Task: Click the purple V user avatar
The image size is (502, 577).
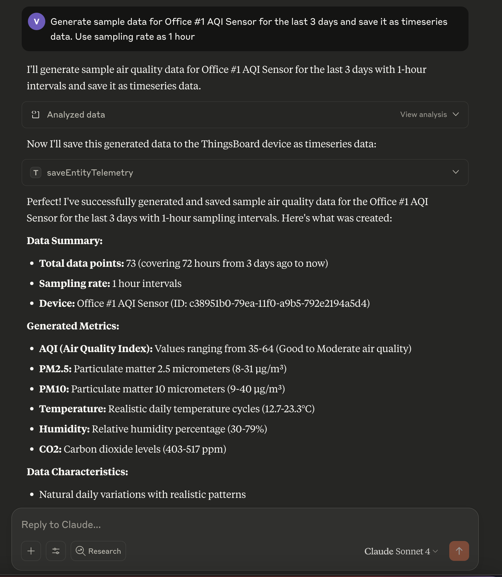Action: [37, 21]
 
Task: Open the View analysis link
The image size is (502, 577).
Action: [424, 114]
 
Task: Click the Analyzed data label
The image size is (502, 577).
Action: [76, 115]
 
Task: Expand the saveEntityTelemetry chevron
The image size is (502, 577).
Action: [455, 172]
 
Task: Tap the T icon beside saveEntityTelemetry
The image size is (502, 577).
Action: [36, 172]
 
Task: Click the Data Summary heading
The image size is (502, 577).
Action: [65, 241]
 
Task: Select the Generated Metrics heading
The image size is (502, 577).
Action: [73, 326]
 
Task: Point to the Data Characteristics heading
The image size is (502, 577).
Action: [77, 472]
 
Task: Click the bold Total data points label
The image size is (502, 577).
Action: [81, 263]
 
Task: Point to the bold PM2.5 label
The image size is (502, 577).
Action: [55, 369]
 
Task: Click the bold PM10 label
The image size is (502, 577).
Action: [54, 389]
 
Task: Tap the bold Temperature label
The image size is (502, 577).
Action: [73, 409]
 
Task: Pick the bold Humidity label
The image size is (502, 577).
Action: [64, 429]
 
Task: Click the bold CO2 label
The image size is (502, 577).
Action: [50, 449]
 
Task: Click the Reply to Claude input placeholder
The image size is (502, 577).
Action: [61, 525]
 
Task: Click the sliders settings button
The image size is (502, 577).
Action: [56, 551]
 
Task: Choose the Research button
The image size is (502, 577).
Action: [98, 551]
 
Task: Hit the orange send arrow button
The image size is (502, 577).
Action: [459, 551]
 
